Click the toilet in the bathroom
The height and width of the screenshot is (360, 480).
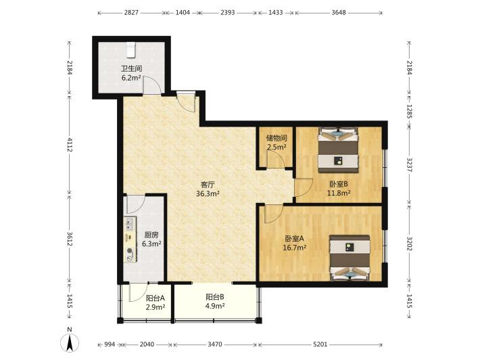[x=130, y=50]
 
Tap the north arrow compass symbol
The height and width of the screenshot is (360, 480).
[x=70, y=340]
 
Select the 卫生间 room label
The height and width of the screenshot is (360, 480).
[x=131, y=68]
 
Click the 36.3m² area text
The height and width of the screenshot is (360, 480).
[x=208, y=194]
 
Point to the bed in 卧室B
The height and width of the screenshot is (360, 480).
[x=338, y=150]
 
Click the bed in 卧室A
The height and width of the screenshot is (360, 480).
[x=350, y=258]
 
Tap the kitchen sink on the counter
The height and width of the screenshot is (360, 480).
[x=129, y=224]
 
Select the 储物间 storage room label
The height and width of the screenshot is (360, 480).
[x=277, y=138]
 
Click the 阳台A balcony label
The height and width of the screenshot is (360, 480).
[x=155, y=298]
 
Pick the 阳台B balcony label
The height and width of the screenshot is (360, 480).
[x=215, y=297]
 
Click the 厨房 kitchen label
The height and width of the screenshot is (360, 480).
[x=151, y=235]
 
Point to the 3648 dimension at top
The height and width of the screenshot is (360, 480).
[x=339, y=13]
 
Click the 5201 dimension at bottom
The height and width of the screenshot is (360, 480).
[x=320, y=344]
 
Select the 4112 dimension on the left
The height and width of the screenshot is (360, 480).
[x=70, y=145]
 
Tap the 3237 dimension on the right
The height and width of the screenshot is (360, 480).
[x=409, y=165]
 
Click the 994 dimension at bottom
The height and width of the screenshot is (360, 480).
[x=110, y=344]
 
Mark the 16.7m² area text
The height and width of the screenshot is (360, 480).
[x=295, y=248]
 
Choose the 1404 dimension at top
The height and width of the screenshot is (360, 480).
[x=183, y=13]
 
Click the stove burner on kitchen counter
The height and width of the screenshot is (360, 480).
[x=130, y=250]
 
